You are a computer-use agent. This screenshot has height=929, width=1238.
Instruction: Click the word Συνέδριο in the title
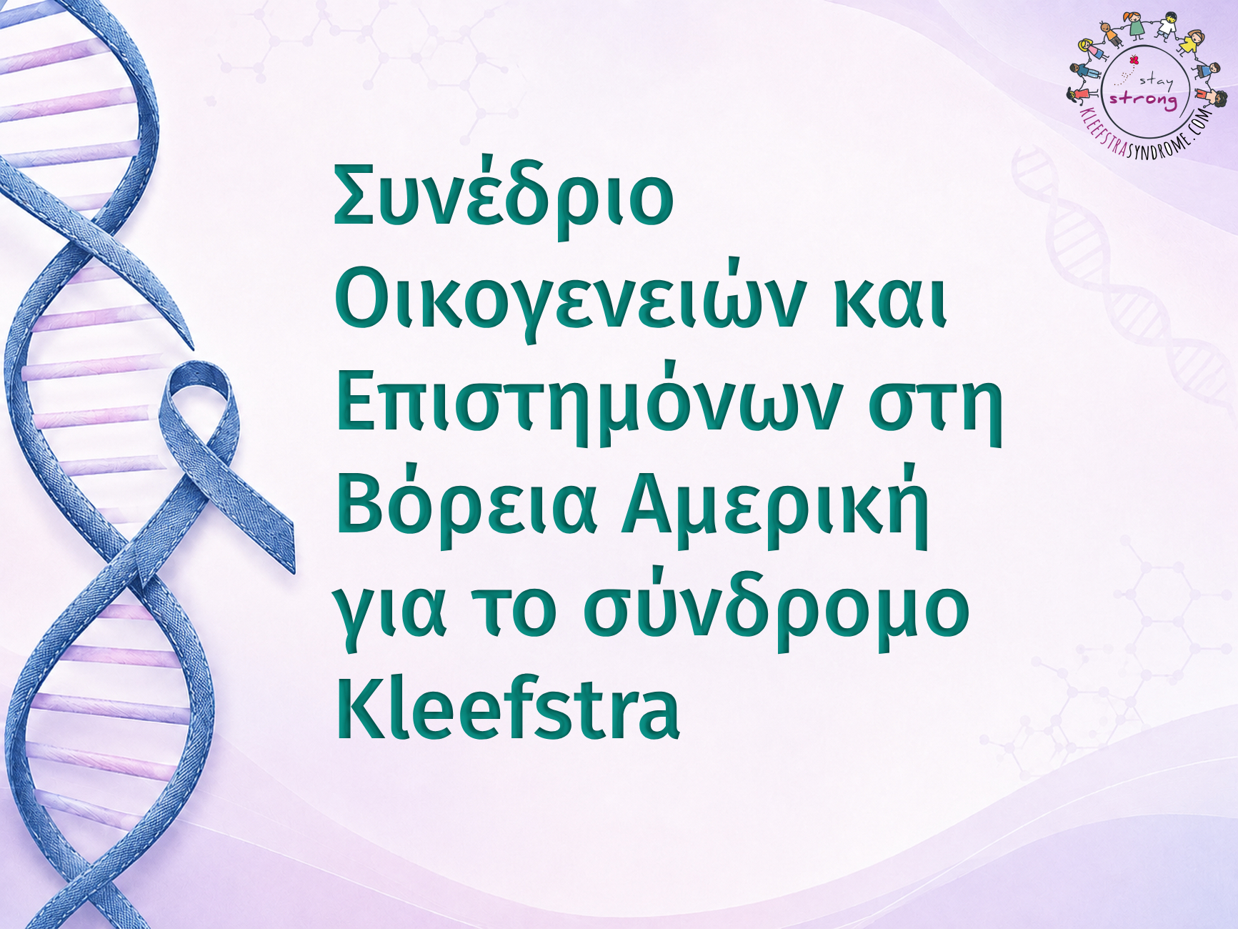tap(504, 195)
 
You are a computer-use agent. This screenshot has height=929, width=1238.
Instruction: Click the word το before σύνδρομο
tap(516, 612)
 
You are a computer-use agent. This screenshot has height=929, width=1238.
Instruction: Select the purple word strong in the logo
tap(1143, 99)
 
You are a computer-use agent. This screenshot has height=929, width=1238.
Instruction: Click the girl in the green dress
tap(1137, 25)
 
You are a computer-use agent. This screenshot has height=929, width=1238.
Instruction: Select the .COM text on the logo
tap(1201, 121)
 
